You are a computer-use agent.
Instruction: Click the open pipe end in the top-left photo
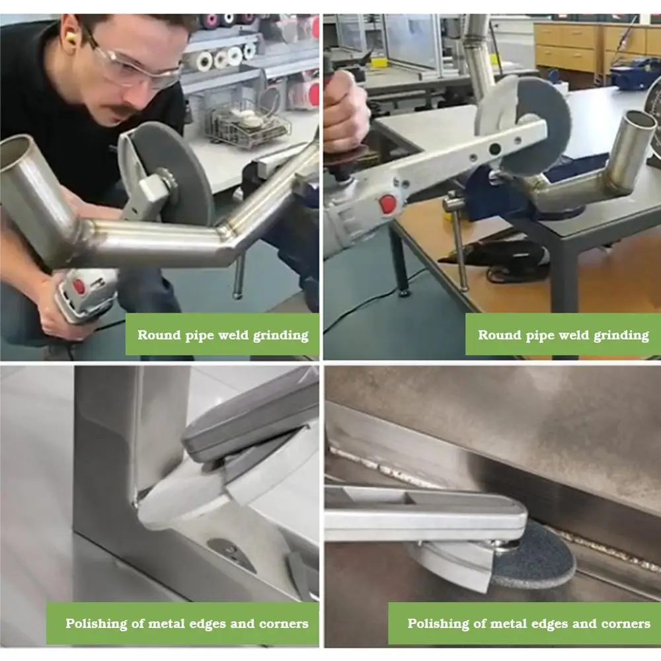15,155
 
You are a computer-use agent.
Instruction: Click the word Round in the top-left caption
158,335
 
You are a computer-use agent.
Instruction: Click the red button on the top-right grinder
387,204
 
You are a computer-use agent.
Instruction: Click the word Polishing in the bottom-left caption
96,624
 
